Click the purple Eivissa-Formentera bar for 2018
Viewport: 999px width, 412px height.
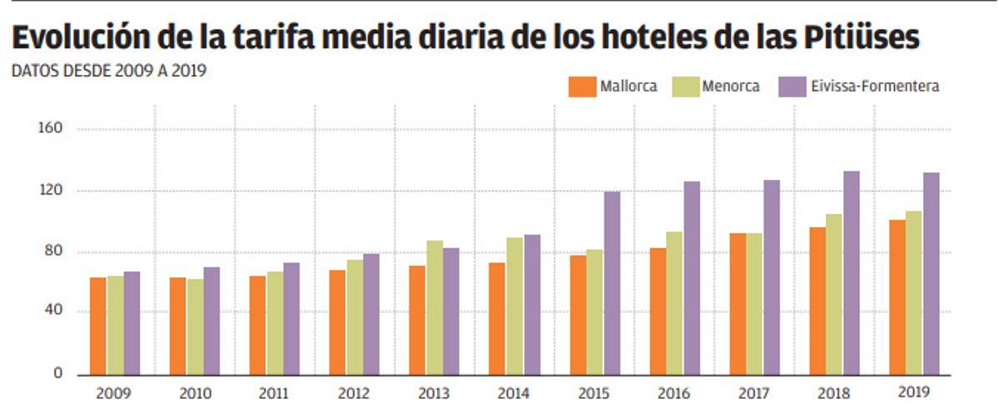pos(851,273)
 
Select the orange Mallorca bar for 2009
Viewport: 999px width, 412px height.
pos(98,325)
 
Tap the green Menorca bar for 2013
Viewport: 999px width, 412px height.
pos(435,307)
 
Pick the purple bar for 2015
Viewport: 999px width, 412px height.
pos(611,283)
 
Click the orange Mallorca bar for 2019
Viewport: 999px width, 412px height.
pos(896,297)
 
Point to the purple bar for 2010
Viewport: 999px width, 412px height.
pos(211,320)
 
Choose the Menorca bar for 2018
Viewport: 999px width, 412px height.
pos(834,294)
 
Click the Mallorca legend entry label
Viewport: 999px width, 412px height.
pos(629,86)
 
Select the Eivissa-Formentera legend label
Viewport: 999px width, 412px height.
pos(875,86)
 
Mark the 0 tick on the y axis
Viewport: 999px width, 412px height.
pos(58,374)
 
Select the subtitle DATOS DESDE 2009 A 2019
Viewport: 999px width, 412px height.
pos(109,72)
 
